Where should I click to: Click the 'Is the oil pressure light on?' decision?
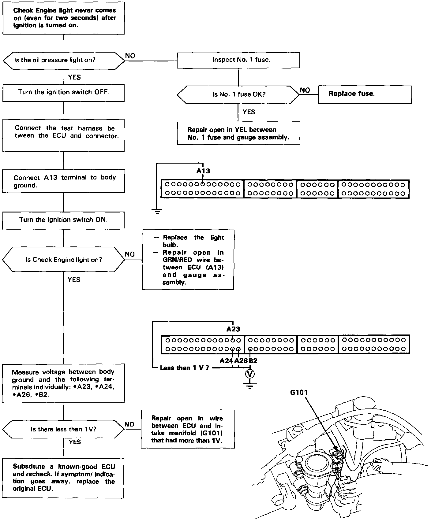pyautogui.click(x=64, y=60)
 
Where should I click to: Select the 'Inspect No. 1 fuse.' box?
pyautogui.click(x=238, y=60)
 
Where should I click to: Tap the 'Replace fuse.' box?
pyautogui.click(x=365, y=94)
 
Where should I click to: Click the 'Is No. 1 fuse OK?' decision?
pyautogui.click(x=238, y=94)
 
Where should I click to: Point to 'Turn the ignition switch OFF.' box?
pyautogui.click(x=63, y=92)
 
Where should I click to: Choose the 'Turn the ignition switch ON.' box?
pyautogui.click(x=63, y=220)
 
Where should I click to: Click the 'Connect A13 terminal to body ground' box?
pyautogui.click(x=63, y=181)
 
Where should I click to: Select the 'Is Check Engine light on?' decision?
pyautogui.click(x=63, y=260)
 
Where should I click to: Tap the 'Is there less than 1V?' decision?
pyautogui.click(x=63, y=429)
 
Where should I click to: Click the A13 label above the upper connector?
pyautogui.click(x=203, y=171)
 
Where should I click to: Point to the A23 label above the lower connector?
pyautogui.click(x=233, y=329)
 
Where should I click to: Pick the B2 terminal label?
pyautogui.click(x=253, y=361)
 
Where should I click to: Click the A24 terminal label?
pyautogui.click(x=227, y=361)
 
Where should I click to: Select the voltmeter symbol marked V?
pyautogui.click(x=250, y=374)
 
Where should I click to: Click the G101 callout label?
pyautogui.click(x=299, y=392)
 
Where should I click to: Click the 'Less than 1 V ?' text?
pyautogui.click(x=185, y=368)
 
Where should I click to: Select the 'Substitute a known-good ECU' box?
pyautogui.click(x=63, y=478)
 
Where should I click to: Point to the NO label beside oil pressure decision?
pyautogui.click(x=130, y=56)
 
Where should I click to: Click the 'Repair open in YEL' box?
pyautogui.click(x=238, y=133)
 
